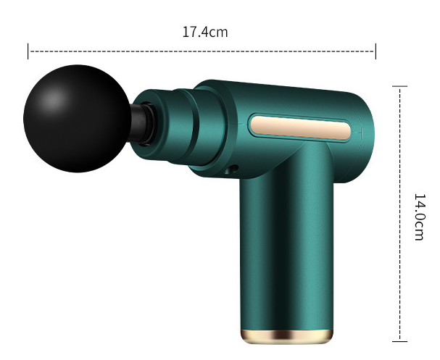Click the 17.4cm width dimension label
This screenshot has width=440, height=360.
205,32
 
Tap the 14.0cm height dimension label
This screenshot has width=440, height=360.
420,217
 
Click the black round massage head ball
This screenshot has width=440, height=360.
77,119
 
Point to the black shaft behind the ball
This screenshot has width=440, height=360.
138,123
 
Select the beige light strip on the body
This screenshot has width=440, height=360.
301,127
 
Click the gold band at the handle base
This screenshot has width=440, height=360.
287,336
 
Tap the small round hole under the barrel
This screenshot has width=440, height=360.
233,169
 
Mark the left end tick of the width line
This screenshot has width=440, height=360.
28,51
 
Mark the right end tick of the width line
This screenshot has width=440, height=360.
375,51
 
